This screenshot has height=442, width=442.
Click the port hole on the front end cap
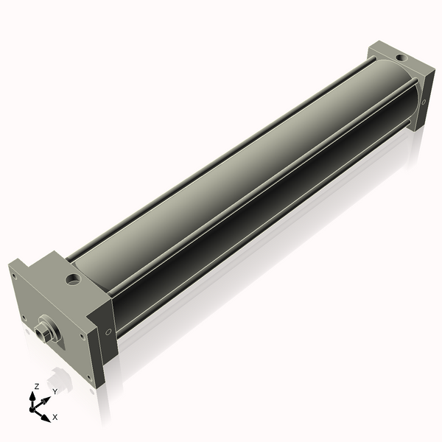coord(73,280)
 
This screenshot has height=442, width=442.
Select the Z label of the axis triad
coord(37,385)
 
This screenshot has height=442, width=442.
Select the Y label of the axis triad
coord(55,391)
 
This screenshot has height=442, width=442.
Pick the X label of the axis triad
coord(55,417)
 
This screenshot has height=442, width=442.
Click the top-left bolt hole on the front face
coord(13,276)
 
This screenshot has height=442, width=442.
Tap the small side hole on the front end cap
coord(110,331)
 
